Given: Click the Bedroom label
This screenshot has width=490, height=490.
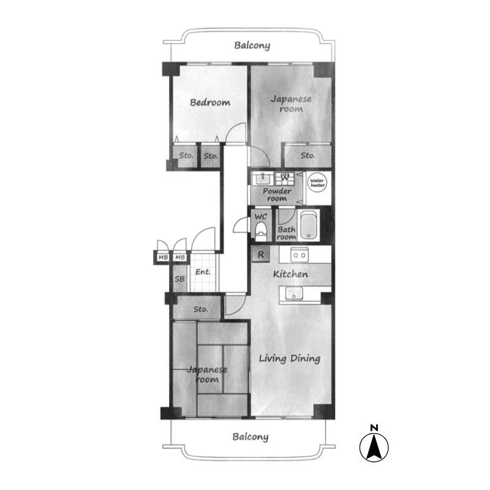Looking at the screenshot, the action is [210, 102].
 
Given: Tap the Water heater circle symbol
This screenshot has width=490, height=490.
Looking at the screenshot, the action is [317, 183].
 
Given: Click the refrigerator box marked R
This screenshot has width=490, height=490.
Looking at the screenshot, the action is [261, 254].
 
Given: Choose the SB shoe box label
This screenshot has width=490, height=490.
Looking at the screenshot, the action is [179, 279].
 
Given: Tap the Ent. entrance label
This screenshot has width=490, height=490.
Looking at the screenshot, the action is [203, 272].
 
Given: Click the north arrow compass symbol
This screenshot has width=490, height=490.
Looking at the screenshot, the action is [374, 447].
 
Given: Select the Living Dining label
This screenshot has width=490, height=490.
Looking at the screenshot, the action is [290, 358].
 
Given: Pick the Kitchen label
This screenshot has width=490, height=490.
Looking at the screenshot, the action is [290, 274].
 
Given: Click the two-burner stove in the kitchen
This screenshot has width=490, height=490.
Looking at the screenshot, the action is [300, 255].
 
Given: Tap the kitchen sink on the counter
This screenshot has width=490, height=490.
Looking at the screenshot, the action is [294, 294].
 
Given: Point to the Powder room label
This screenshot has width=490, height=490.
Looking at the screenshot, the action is [277, 195].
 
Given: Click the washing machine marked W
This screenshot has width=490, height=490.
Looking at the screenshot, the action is [285, 178].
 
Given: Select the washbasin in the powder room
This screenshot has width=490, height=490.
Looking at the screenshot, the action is [263, 178].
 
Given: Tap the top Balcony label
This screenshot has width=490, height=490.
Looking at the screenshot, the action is [252, 45].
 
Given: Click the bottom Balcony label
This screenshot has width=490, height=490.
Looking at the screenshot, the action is [251, 437].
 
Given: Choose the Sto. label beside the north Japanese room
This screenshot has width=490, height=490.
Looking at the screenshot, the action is [308, 156].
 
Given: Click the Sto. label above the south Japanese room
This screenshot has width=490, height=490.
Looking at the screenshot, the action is [201, 309].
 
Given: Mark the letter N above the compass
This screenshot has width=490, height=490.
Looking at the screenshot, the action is [374, 428].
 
